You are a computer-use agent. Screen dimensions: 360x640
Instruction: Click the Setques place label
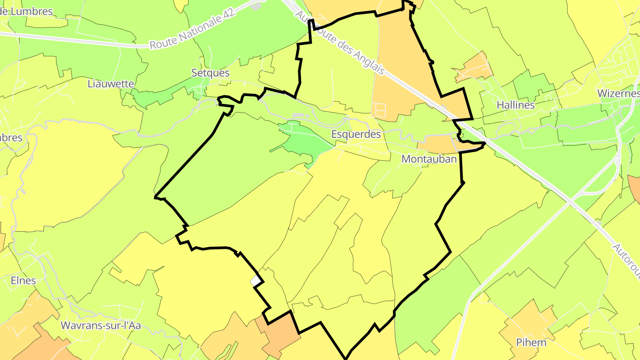(210, 72)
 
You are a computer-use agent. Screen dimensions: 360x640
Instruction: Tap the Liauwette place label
(111, 83)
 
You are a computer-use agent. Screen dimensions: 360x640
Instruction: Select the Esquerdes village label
(356, 134)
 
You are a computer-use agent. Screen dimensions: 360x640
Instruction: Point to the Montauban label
(429, 159)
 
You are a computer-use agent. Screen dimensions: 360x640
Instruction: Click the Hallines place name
(516, 105)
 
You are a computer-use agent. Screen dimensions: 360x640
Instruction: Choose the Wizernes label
(618, 93)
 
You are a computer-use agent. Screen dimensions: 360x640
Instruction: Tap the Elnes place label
(23, 280)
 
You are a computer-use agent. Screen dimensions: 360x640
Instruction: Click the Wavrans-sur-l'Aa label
(100, 325)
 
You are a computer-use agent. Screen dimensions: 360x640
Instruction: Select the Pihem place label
(531, 342)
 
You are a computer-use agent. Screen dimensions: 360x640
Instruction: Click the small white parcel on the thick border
(256, 281)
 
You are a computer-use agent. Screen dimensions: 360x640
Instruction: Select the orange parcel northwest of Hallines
(474, 68)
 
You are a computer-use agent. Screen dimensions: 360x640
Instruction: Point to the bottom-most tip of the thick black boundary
(346, 358)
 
